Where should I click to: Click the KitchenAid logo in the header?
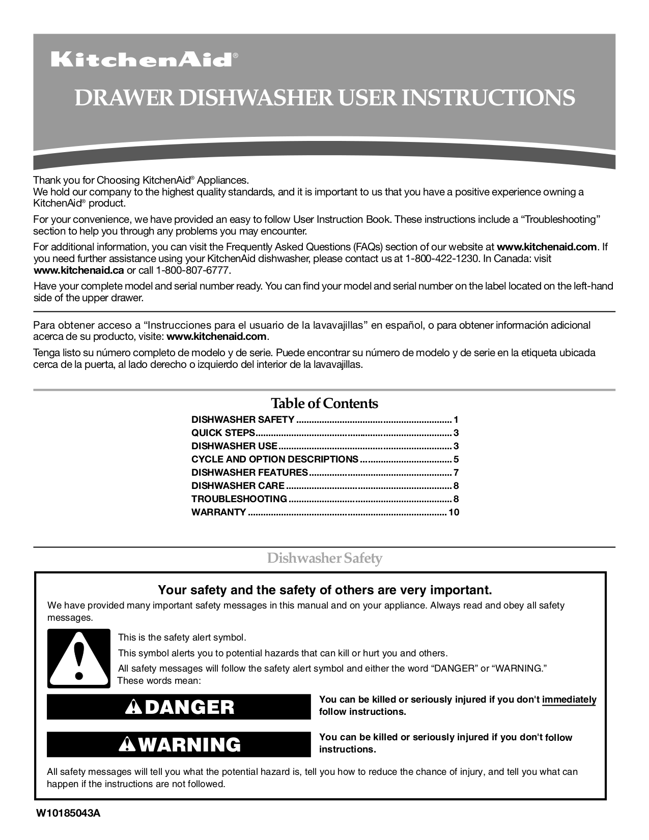point(143,60)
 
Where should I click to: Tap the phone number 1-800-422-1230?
point(442,258)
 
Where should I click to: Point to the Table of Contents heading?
point(324,403)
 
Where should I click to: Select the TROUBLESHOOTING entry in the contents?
point(239,499)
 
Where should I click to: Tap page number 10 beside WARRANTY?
point(454,512)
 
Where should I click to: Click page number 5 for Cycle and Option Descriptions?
point(456,459)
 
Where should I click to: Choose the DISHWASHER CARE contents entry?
point(238,486)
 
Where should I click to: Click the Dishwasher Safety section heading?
point(325,559)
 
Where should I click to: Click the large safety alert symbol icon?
point(78,658)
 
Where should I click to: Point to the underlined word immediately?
point(569,700)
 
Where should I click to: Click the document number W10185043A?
point(68,813)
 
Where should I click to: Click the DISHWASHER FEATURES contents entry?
point(249,473)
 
